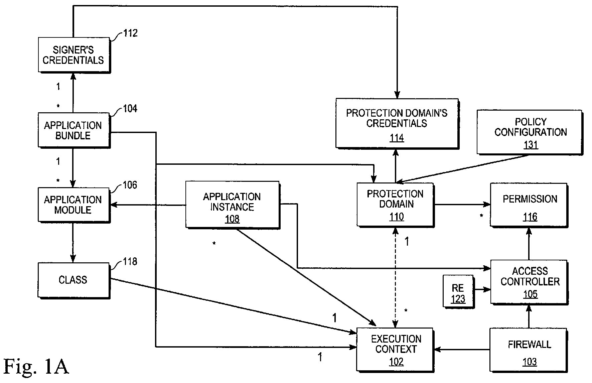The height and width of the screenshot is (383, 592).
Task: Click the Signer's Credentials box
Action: coord(74,55)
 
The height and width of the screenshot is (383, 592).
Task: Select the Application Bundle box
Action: coord(74,130)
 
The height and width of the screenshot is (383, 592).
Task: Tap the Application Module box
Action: coord(74,205)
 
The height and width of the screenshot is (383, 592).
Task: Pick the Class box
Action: coord(74,280)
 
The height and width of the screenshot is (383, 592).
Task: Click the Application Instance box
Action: coord(233,205)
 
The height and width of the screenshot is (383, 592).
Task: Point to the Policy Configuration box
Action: coord(530,132)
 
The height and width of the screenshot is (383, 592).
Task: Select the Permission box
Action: coord(529,205)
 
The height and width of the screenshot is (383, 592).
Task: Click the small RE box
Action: coord(458,291)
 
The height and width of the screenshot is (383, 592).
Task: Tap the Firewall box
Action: coord(529,350)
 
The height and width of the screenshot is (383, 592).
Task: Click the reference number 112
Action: coord(130,33)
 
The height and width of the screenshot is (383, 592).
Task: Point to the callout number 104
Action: coord(130,109)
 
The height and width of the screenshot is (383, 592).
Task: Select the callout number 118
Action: coord(130,261)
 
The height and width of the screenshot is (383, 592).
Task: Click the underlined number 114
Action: coord(397,138)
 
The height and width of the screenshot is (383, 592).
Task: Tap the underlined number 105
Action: coord(530,294)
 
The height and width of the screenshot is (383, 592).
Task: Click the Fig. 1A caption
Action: coord(36,366)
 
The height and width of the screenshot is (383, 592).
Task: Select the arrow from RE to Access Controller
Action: coord(482,289)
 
